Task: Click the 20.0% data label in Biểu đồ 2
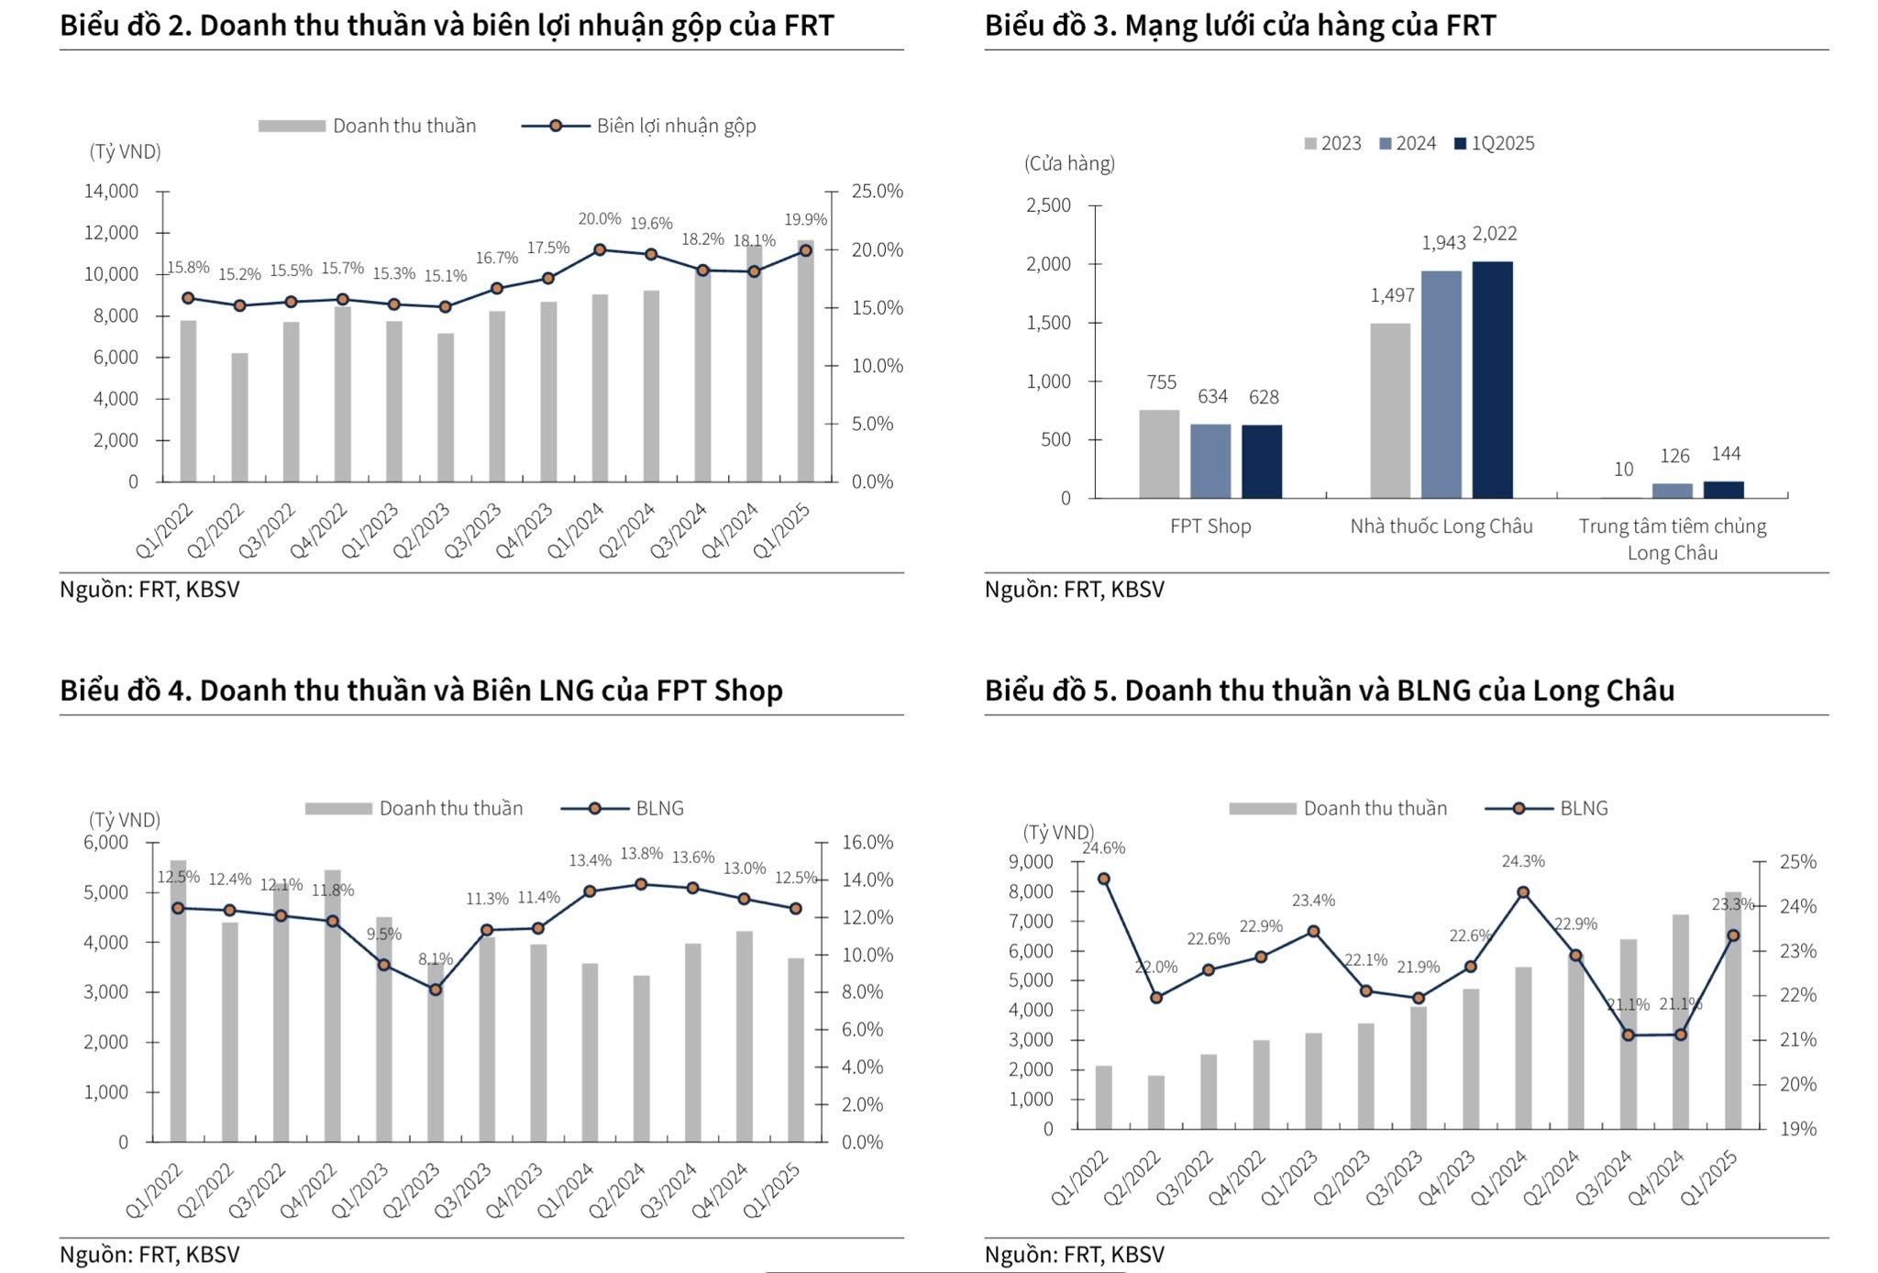point(599,219)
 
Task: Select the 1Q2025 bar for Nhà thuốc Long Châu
point(1492,380)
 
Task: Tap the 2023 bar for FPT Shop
point(1159,454)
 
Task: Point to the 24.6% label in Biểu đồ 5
point(1103,848)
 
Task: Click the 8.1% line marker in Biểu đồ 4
point(436,990)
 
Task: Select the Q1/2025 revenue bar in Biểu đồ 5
point(1732,1010)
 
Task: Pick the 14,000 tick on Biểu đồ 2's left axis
point(111,192)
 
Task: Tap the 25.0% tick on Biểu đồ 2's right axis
point(877,192)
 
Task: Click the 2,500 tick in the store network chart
point(1048,205)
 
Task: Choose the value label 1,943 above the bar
point(1443,243)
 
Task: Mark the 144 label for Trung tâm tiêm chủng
point(1725,454)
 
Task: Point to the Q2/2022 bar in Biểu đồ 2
point(239,417)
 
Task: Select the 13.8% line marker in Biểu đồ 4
point(641,884)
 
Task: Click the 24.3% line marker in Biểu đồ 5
point(1523,892)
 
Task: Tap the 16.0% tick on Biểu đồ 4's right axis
point(867,842)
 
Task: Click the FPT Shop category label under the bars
point(1210,526)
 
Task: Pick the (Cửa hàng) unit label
point(1069,164)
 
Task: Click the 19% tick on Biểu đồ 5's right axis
point(1797,1129)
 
